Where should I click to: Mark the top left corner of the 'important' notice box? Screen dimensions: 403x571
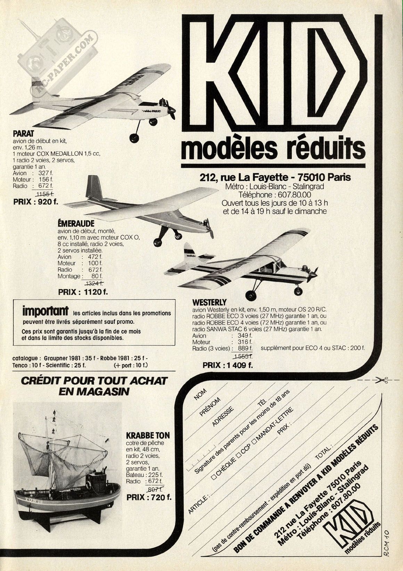(x=13, y=299)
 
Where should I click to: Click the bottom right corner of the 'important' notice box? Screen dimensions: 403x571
(x=175, y=345)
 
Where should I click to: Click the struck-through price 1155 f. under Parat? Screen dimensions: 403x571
(x=45, y=194)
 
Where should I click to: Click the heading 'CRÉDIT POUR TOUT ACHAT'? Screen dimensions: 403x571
(x=94, y=381)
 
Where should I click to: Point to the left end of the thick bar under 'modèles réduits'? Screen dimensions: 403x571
(x=181, y=166)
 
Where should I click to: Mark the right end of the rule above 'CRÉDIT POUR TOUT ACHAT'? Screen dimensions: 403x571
(x=176, y=371)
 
